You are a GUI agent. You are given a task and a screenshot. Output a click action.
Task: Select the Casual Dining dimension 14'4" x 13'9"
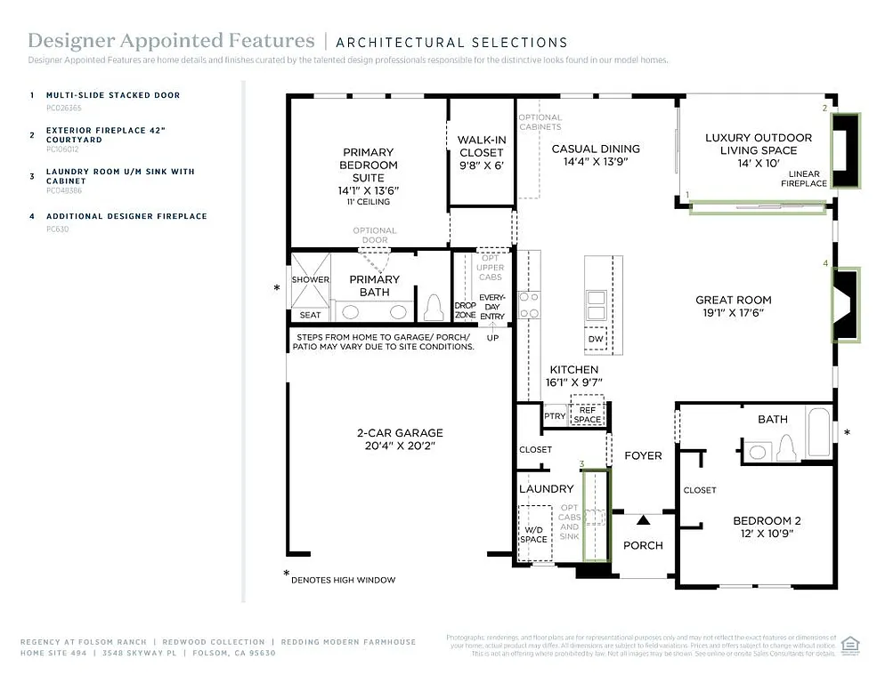pos(596,162)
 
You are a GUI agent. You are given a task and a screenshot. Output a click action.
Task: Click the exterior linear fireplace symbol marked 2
pos(844,150)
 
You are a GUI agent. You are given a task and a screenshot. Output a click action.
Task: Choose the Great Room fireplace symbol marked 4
pos(845,305)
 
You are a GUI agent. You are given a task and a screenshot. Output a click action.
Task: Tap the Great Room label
pos(733,301)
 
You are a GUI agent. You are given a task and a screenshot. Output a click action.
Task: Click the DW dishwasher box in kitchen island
pos(596,339)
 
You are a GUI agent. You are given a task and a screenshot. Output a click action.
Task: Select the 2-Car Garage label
pos(400,434)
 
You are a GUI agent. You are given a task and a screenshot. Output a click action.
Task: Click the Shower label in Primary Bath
pos(310,280)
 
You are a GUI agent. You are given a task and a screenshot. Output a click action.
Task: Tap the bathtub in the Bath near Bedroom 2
pos(818,430)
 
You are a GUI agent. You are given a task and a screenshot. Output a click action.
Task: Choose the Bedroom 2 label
pos(761,521)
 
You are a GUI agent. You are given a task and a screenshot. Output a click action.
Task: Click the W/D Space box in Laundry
pos(534,533)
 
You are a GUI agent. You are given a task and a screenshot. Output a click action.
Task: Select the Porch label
pos(642,545)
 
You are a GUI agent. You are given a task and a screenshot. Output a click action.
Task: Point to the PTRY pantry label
pos(554,416)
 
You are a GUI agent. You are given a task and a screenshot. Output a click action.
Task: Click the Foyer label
pos(642,455)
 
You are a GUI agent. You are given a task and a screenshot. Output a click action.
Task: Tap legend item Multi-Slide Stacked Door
pos(112,95)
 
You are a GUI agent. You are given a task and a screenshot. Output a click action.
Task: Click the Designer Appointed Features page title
pos(171,41)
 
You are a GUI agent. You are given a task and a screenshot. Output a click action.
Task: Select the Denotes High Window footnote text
pos(343,580)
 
